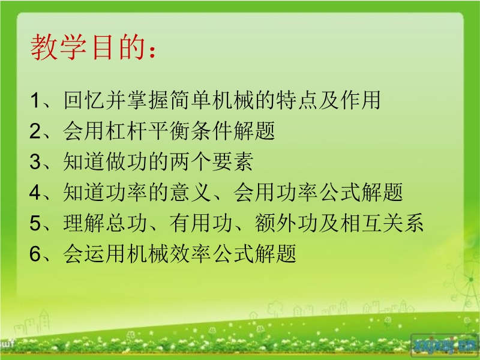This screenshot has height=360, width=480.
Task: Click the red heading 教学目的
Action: click(x=88, y=47)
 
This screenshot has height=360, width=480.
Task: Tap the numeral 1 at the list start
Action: click(x=35, y=100)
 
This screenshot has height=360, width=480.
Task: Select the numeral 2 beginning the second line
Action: click(x=35, y=131)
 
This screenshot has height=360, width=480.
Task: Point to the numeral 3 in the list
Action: click(x=35, y=161)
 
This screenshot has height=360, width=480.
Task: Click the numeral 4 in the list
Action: click(x=35, y=192)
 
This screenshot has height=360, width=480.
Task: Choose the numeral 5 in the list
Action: click(x=35, y=223)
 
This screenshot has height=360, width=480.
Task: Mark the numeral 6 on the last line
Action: click(x=35, y=253)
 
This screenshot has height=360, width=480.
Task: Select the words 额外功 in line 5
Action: click(x=286, y=223)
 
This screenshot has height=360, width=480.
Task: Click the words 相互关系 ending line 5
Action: click(x=382, y=223)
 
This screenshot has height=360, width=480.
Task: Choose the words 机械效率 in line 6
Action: click(x=169, y=253)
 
